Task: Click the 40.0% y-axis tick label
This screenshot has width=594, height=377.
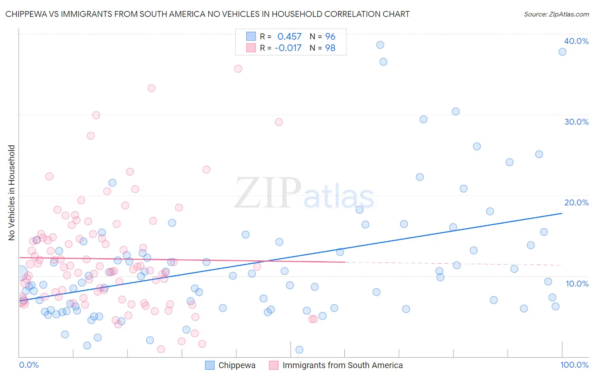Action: [576, 41]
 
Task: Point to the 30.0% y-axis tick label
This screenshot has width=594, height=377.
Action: [576, 122]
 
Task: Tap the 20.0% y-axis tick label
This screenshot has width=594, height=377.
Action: [576, 202]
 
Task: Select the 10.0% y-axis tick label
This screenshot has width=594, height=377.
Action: [577, 284]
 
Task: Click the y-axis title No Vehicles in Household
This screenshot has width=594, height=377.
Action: [12, 193]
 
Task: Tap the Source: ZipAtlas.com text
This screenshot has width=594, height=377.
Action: [556, 14]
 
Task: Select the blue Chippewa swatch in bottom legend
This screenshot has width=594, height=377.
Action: [210, 365]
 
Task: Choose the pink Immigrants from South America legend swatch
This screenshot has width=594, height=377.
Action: [274, 365]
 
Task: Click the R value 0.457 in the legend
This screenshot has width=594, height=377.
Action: [289, 37]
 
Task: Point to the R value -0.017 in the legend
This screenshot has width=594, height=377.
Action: [288, 48]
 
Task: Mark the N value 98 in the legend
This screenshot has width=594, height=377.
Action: [330, 48]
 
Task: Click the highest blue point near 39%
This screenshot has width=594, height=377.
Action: [380, 45]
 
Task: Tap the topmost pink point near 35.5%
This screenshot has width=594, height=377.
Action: [238, 68]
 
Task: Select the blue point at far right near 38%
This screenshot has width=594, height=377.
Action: [562, 52]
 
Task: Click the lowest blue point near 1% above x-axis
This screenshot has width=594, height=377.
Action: [300, 350]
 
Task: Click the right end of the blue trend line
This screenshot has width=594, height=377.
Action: [562, 213]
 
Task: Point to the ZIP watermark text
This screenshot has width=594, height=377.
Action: [268, 193]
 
